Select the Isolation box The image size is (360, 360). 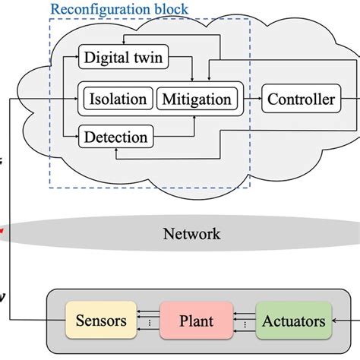click(118, 99)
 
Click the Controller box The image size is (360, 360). click(300, 99)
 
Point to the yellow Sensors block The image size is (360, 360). click(100, 321)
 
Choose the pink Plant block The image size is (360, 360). click(196, 321)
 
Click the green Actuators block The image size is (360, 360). click(293, 321)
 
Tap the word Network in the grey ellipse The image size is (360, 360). click(191, 233)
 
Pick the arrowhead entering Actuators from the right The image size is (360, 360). click(337, 321)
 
